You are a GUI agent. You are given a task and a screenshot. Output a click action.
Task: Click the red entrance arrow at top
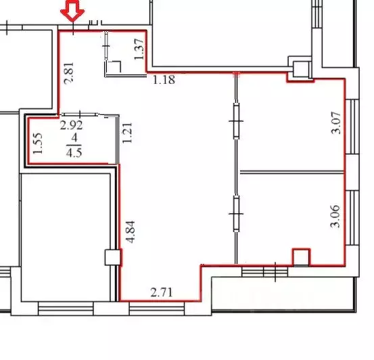72,10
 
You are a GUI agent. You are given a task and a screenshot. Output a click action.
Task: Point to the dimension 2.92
72,125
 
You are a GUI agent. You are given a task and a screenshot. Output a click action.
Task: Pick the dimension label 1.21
126,132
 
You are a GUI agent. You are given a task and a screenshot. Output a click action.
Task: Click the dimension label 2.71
162,293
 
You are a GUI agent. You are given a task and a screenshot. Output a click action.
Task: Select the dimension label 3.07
336,122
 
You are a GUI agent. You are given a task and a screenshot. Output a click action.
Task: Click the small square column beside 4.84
112,257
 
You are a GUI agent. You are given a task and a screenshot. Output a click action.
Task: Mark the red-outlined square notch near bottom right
300,257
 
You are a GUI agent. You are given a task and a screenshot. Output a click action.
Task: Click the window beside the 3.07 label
352,122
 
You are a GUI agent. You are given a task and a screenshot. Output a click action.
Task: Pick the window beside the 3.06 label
352,215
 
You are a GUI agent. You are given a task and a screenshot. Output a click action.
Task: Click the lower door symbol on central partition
236,214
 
